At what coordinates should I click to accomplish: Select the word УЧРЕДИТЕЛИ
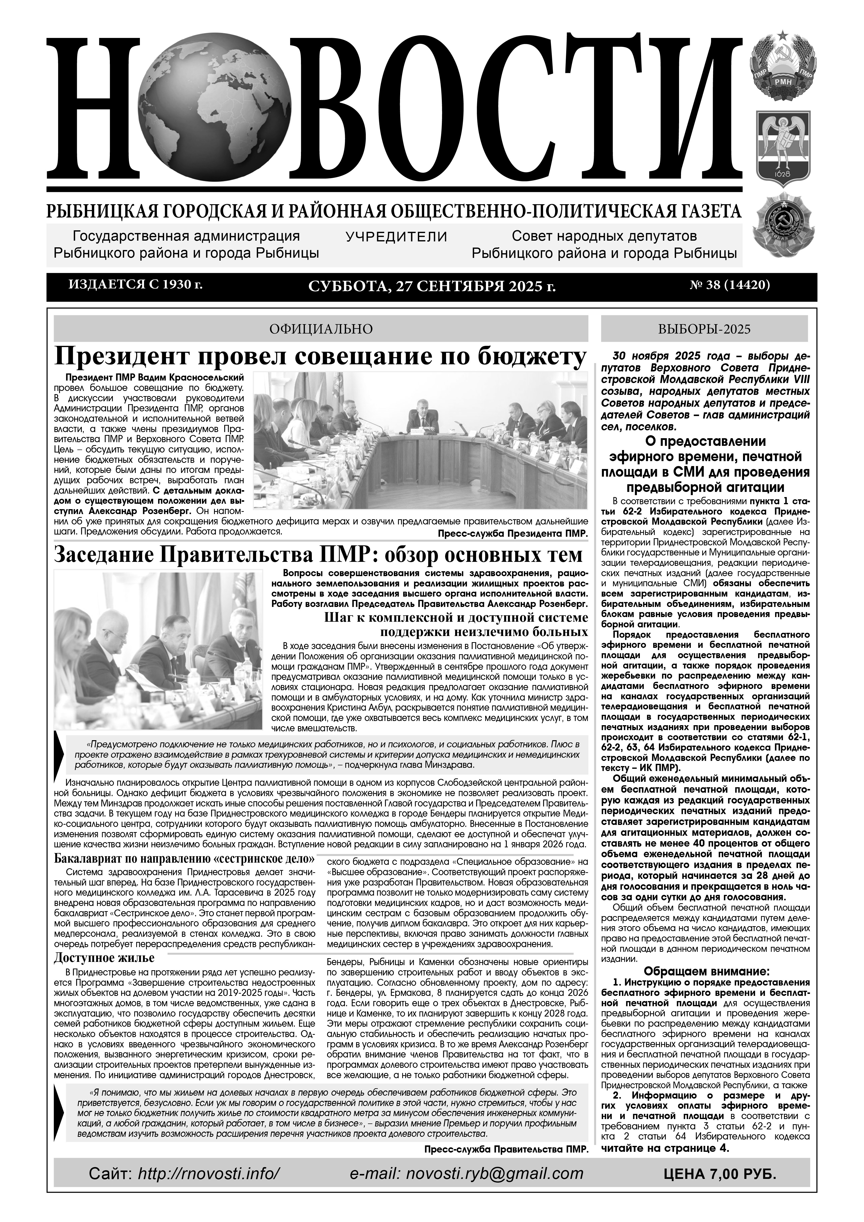396,236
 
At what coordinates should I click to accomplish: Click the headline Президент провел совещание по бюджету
321,356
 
